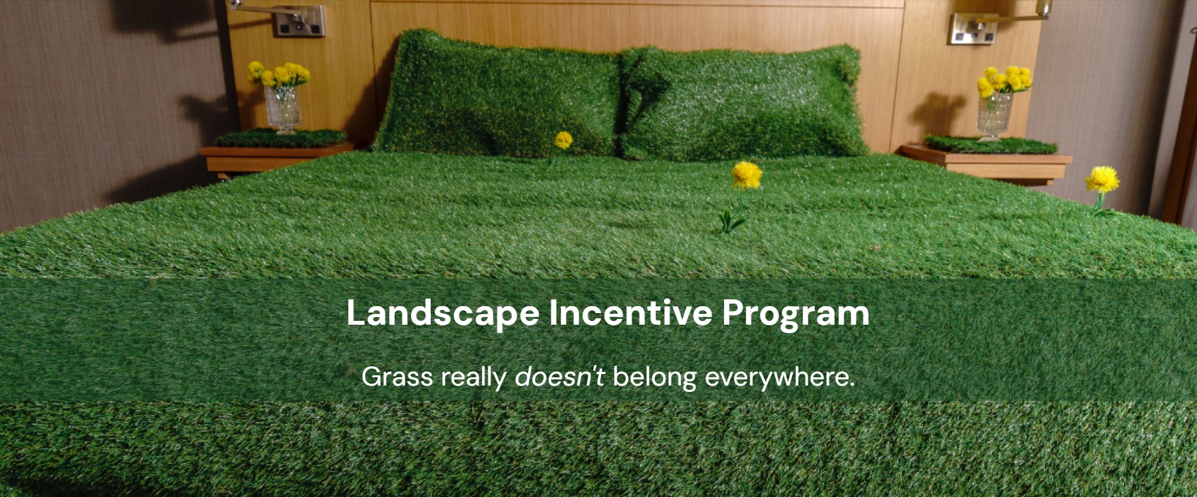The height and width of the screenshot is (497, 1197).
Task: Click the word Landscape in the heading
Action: pyautogui.click(x=443, y=314)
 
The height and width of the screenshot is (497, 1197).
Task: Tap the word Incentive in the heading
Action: pyautogui.click(x=631, y=313)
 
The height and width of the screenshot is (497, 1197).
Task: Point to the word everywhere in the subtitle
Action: pyautogui.click(x=780, y=377)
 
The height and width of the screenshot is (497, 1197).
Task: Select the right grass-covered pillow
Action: pyautogui.click(x=743, y=102)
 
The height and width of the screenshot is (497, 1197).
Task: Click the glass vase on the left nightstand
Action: pyautogui.click(x=282, y=110)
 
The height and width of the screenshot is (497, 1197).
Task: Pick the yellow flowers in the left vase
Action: pyautogui.click(x=278, y=74)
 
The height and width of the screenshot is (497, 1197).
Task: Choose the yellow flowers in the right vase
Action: pyautogui.click(x=1003, y=80)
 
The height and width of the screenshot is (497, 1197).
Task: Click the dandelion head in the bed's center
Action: pyautogui.click(x=746, y=175)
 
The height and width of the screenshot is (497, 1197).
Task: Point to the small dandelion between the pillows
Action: pyautogui.click(x=563, y=140)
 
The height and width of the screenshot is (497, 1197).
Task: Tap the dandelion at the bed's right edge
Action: pyautogui.click(x=1102, y=179)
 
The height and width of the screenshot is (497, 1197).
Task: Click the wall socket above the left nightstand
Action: pyautogui.click(x=299, y=21)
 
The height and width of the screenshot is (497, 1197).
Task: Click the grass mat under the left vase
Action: pyautogui.click(x=280, y=138)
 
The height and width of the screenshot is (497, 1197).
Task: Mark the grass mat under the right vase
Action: pyautogui.click(x=990, y=145)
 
